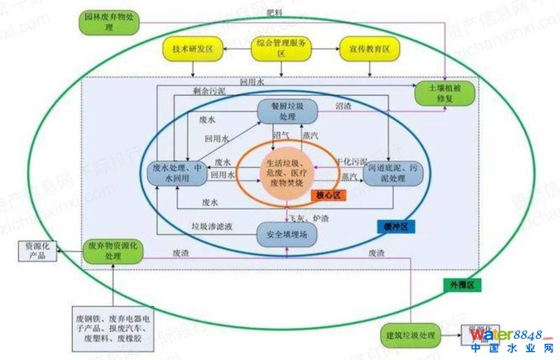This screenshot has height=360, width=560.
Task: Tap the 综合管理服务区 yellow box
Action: (x=281, y=48)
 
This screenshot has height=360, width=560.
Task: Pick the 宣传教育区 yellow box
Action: (x=368, y=50)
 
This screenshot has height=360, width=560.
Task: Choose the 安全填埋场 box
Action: (x=288, y=234)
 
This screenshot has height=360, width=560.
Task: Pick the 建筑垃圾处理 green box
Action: (x=410, y=335)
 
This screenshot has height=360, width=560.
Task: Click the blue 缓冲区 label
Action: (x=397, y=226)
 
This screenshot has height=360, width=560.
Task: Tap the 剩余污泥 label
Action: (x=210, y=91)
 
